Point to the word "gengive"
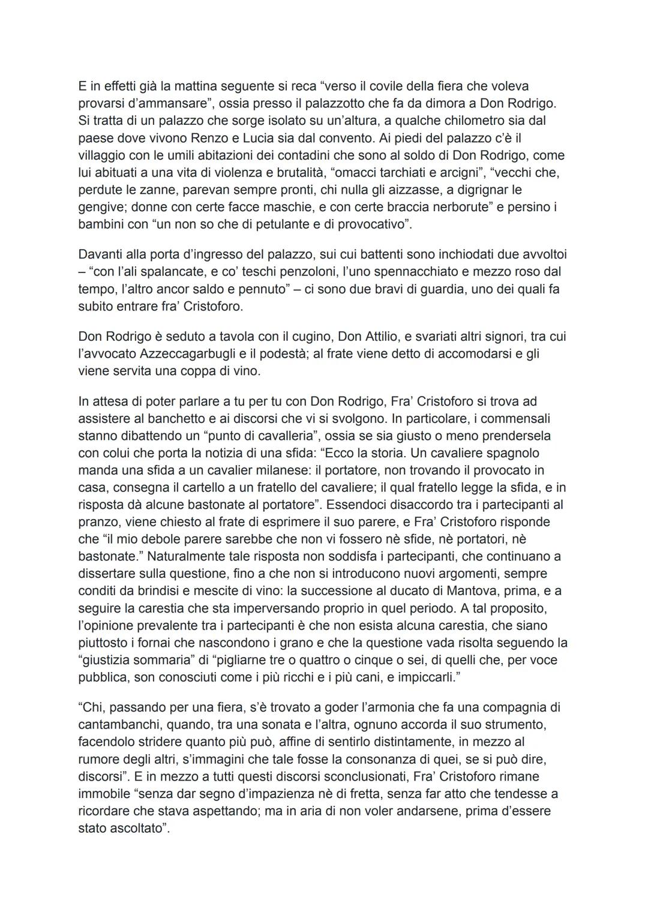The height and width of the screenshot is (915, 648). (x=102, y=208)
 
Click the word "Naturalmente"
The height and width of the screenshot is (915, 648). (x=191, y=556)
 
